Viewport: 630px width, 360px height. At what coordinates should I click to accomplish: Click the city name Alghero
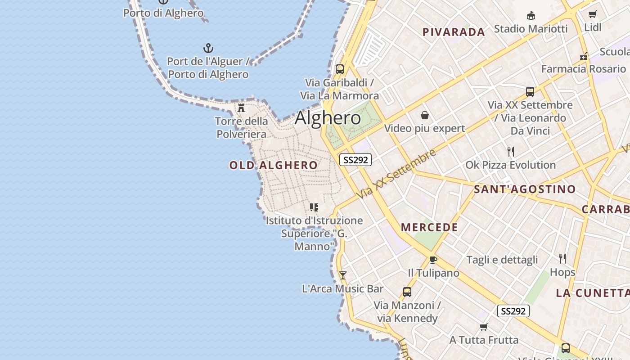328,118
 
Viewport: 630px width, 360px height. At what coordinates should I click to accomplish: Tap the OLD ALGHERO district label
274,165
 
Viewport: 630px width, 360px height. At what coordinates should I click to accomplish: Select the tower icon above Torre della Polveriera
241,108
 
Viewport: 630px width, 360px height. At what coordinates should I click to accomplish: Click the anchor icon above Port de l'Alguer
208,48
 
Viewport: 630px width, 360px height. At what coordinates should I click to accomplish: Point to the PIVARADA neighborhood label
454,32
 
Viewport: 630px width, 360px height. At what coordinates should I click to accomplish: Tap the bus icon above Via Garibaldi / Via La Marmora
340,69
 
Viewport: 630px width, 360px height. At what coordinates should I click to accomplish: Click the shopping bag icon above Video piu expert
425,116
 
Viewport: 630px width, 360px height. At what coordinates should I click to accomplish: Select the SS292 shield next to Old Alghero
355,159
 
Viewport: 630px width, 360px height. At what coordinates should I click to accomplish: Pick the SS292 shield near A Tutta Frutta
513,311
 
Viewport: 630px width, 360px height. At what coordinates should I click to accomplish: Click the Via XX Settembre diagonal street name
397,174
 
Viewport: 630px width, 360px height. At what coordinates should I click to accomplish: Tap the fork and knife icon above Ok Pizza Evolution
511,152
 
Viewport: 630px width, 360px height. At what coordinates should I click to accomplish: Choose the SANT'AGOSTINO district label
525,189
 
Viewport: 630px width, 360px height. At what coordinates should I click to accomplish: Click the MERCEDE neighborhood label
429,227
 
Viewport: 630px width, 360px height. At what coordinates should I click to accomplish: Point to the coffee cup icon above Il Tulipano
433,260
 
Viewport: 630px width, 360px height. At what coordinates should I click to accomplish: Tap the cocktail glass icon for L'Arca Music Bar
343,275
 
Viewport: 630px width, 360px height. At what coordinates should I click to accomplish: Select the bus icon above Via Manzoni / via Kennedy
407,292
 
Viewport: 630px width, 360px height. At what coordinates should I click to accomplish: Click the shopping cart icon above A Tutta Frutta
484,326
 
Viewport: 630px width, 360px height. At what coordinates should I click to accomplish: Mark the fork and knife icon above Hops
562,258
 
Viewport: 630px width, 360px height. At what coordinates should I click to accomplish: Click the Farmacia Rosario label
583,69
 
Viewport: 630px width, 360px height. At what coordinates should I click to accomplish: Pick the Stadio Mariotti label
531,29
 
